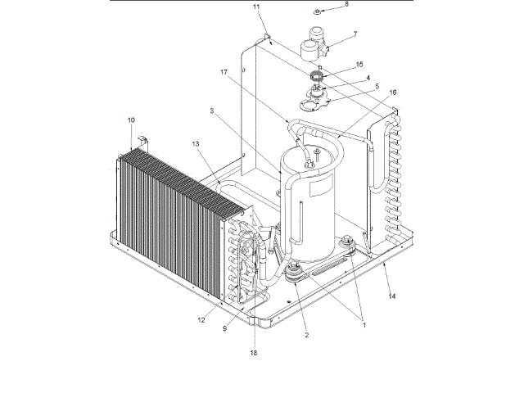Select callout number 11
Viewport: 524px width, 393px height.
255,7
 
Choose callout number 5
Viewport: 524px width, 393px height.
353,86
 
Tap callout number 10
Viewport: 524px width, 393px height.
130,120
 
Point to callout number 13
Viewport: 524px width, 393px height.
195,144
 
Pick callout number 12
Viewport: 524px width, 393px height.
201,319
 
